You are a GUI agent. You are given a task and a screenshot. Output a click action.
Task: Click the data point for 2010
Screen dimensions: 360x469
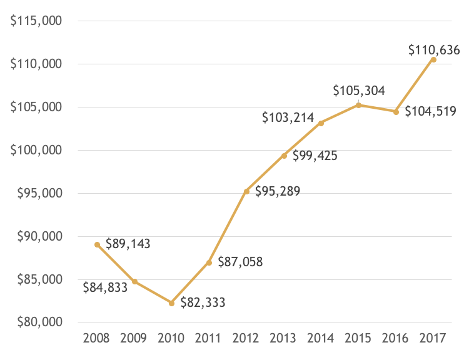click(x=171, y=303)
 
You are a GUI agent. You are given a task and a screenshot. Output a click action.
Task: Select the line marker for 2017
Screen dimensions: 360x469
click(x=433, y=59)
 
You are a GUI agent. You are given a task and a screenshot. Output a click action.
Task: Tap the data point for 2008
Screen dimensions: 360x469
click(x=97, y=244)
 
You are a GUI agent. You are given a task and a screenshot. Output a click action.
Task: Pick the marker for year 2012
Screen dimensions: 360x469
click(x=246, y=191)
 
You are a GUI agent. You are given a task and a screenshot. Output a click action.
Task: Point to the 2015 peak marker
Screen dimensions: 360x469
click(x=358, y=105)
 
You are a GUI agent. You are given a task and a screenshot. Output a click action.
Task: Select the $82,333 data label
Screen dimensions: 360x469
click(x=203, y=303)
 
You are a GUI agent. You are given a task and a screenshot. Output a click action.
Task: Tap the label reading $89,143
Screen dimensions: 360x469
click(x=128, y=244)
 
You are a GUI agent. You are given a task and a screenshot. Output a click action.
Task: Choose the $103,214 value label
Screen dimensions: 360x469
click(x=288, y=117)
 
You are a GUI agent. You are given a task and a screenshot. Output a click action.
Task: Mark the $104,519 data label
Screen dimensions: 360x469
click(x=430, y=112)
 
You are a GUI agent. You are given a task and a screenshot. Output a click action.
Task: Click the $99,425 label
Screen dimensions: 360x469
click(x=315, y=155)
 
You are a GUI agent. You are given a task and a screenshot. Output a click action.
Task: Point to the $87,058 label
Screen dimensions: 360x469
click(x=240, y=262)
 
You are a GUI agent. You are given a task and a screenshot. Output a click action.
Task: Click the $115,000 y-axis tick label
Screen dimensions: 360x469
click(x=36, y=21)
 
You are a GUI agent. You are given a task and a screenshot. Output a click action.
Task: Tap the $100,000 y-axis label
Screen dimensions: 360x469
click(x=36, y=150)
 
